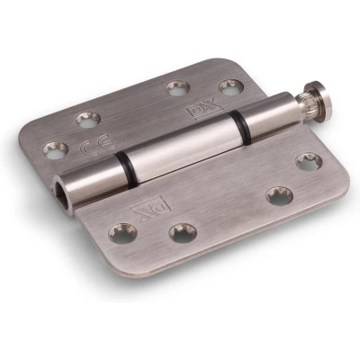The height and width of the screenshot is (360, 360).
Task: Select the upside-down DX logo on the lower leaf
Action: (x=150, y=209)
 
